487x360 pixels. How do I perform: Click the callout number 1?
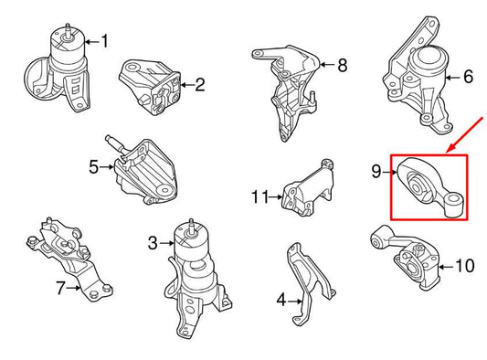105,41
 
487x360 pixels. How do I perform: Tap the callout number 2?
200,84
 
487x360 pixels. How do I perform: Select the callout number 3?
153,243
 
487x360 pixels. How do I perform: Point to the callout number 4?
281,300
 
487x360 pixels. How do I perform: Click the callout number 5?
93,167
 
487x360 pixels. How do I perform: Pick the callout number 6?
468,77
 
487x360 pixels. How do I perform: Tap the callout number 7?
60,288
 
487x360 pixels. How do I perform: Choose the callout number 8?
342,65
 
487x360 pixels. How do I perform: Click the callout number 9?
376,171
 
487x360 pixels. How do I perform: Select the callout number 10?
465,266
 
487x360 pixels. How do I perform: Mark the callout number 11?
260,196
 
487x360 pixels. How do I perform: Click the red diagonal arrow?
465,135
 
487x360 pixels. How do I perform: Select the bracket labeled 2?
150,88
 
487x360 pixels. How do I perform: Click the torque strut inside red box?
430,187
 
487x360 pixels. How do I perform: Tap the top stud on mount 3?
192,226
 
